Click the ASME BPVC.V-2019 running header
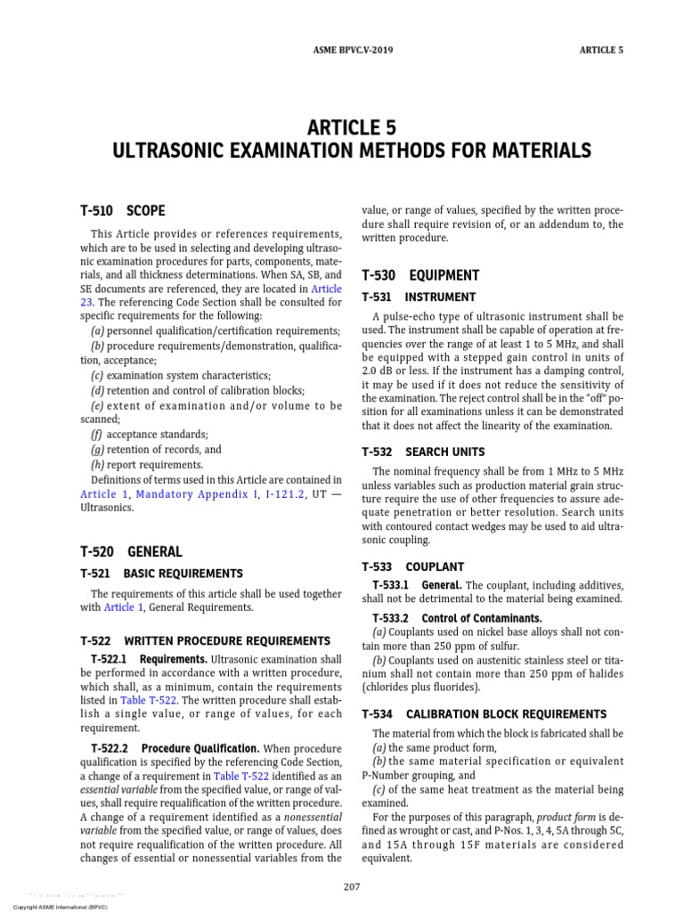click(x=342, y=50)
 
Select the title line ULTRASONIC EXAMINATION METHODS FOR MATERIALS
click(x=352, y=151)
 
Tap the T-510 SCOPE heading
click(x=122, y=211)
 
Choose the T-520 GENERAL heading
click(x=130, y=551)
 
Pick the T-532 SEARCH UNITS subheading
click(x=423, y=452)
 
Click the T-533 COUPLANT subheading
click(x=413, y=566)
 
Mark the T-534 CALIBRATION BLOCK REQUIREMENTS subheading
click(x=484, y=714)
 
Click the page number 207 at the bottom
click(x=351, y=886)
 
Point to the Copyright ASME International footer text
click(x=53, y=906)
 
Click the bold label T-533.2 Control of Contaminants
click(x=457, y=618)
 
